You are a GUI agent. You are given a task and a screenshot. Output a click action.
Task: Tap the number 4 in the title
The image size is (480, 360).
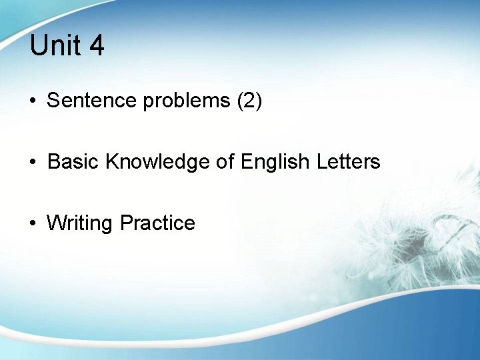pyautogui.click(x=96, y=45)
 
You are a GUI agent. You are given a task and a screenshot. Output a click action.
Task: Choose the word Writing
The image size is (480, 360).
pyautogui.click(x=80, y=223)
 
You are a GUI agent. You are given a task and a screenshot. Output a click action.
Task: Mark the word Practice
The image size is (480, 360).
pyautogui.click(x=158, y=222)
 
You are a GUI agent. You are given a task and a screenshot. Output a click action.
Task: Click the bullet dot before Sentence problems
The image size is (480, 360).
pyautogui.click(x=33, y=101)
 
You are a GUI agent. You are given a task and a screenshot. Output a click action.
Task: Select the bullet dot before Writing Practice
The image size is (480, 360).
pyautogui.click(x=33, y=223)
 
